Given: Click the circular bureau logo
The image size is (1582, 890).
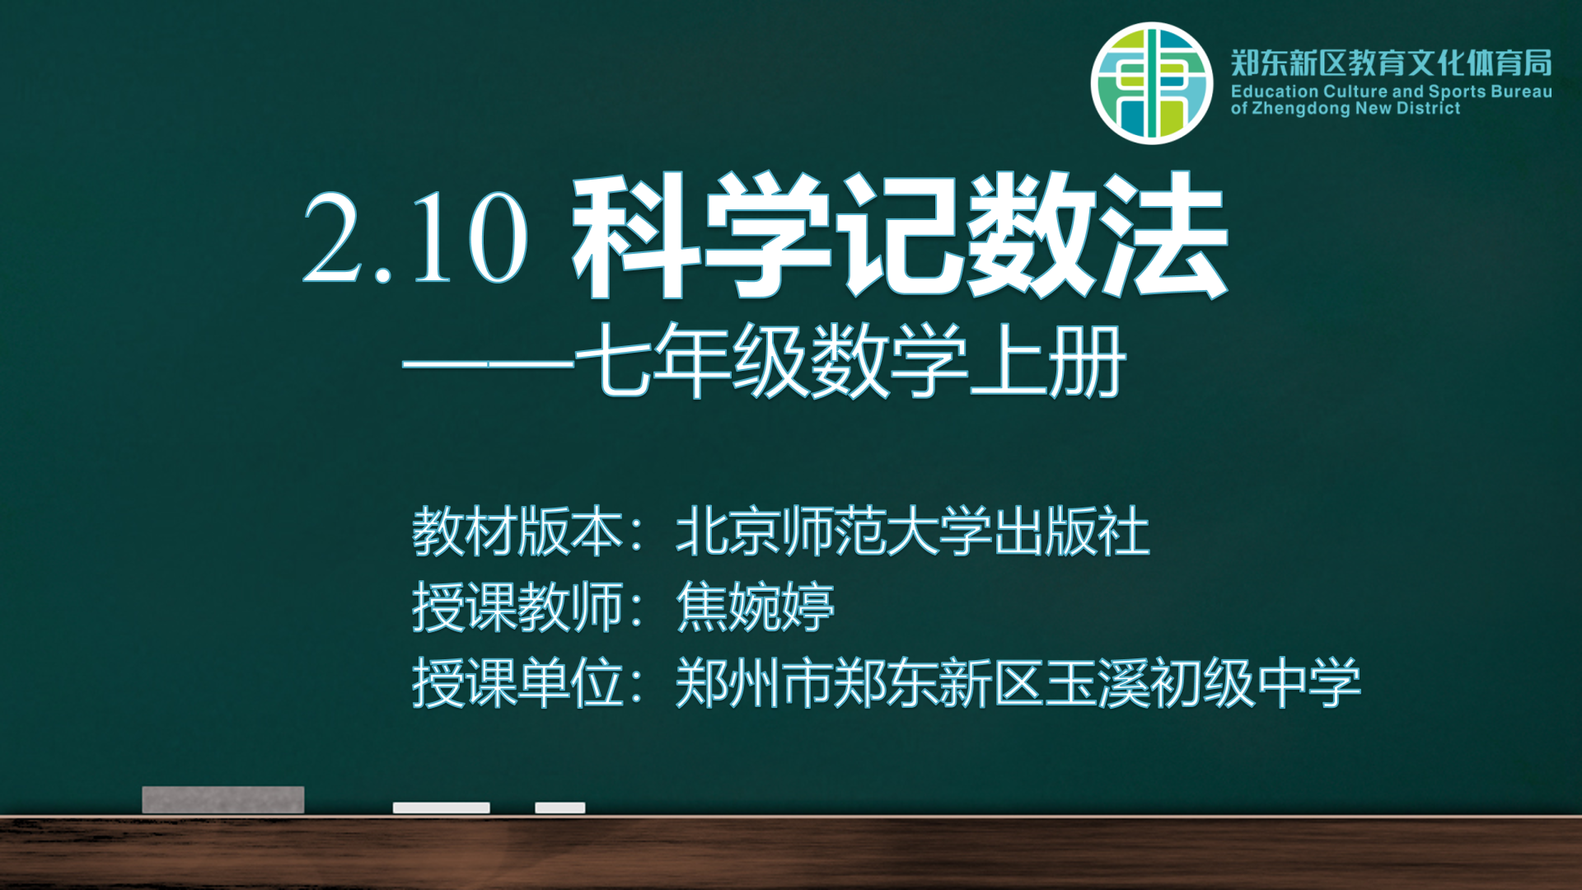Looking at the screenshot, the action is tap(1152, 83).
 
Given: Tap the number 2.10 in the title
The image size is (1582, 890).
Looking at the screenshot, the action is tap(416, 238).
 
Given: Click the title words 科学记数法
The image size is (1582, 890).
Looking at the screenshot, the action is tap(901, 236).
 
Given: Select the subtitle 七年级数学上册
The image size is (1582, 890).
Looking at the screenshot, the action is tap(850, 361).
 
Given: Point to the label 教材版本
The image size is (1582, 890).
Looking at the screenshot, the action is tap(517, 532).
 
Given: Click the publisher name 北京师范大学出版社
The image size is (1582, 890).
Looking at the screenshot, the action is tap(913, 532).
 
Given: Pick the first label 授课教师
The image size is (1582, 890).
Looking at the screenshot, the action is tap(517, 607).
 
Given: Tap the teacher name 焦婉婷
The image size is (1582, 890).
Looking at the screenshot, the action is tap(756, 607).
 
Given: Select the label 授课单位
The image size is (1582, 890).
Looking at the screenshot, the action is tap(517, 683).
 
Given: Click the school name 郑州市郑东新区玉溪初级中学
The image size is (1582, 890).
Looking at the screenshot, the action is tap(1018, 683).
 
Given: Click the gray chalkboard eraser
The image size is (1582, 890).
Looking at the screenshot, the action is tap(223, 799).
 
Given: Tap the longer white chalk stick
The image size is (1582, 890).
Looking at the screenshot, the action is tap(442, 808).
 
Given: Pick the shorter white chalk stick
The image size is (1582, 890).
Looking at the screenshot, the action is tap(560, 808).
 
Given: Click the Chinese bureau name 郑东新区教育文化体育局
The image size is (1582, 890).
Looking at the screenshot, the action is tap(1392, 63).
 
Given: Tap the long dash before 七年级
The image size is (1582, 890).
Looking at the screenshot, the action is tap(488, 363).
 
